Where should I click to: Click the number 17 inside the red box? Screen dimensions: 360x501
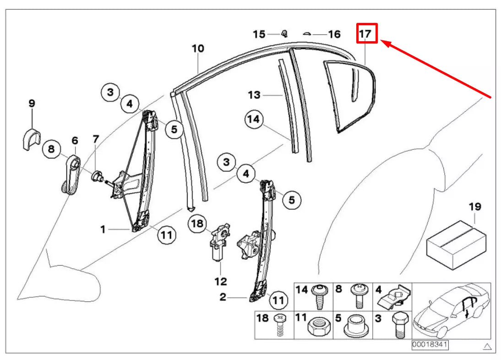click(x=366, y=34)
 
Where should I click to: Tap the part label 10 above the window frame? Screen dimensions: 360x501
click(x=198, y=48)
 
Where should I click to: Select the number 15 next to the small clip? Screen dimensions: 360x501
click(x=259, y=34)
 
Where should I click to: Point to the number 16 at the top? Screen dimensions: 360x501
click(x=334, y=34)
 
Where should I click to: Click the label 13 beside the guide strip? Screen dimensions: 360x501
click(x=254, y=95)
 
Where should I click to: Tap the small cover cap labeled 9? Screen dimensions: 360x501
click(x=30, y=139)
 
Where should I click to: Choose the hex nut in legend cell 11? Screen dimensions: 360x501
click(x=316, y=326)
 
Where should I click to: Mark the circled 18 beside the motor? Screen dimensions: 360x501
click(x=197, y=224)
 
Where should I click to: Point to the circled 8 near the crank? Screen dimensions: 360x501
click(x=51, y=149)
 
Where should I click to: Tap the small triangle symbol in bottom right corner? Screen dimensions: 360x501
click(x=487, y=346)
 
